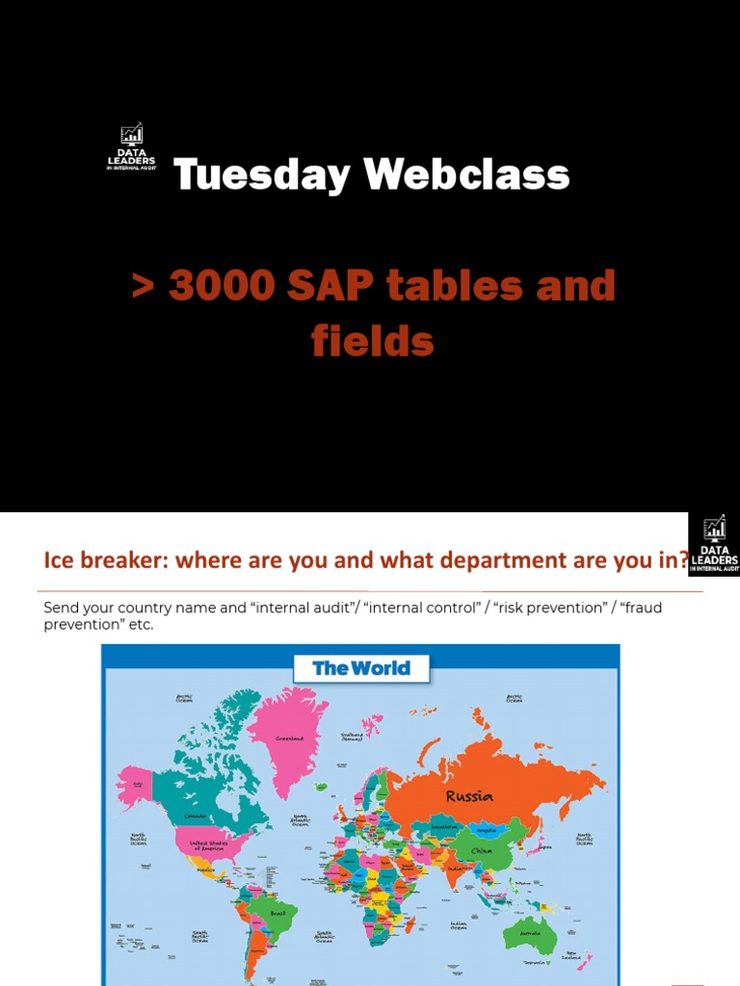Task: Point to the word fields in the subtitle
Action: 372,342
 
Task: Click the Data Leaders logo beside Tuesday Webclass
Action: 131,148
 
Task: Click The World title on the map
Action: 361,668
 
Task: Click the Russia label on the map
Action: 469,796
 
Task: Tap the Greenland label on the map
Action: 290,739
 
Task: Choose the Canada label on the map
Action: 196,816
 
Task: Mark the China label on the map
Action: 481,851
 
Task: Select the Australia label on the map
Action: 530,933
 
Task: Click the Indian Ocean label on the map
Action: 459,926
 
